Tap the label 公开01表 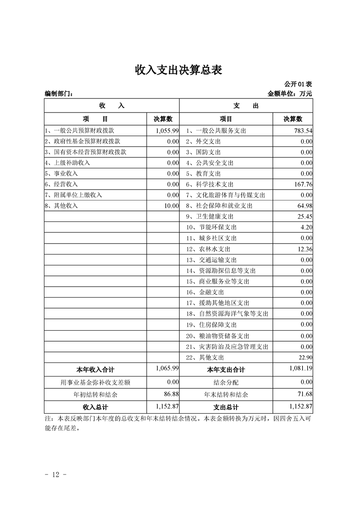point(298,84)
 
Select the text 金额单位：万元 point(290,94)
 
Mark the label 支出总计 point(226,407)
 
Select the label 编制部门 point(59,94)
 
